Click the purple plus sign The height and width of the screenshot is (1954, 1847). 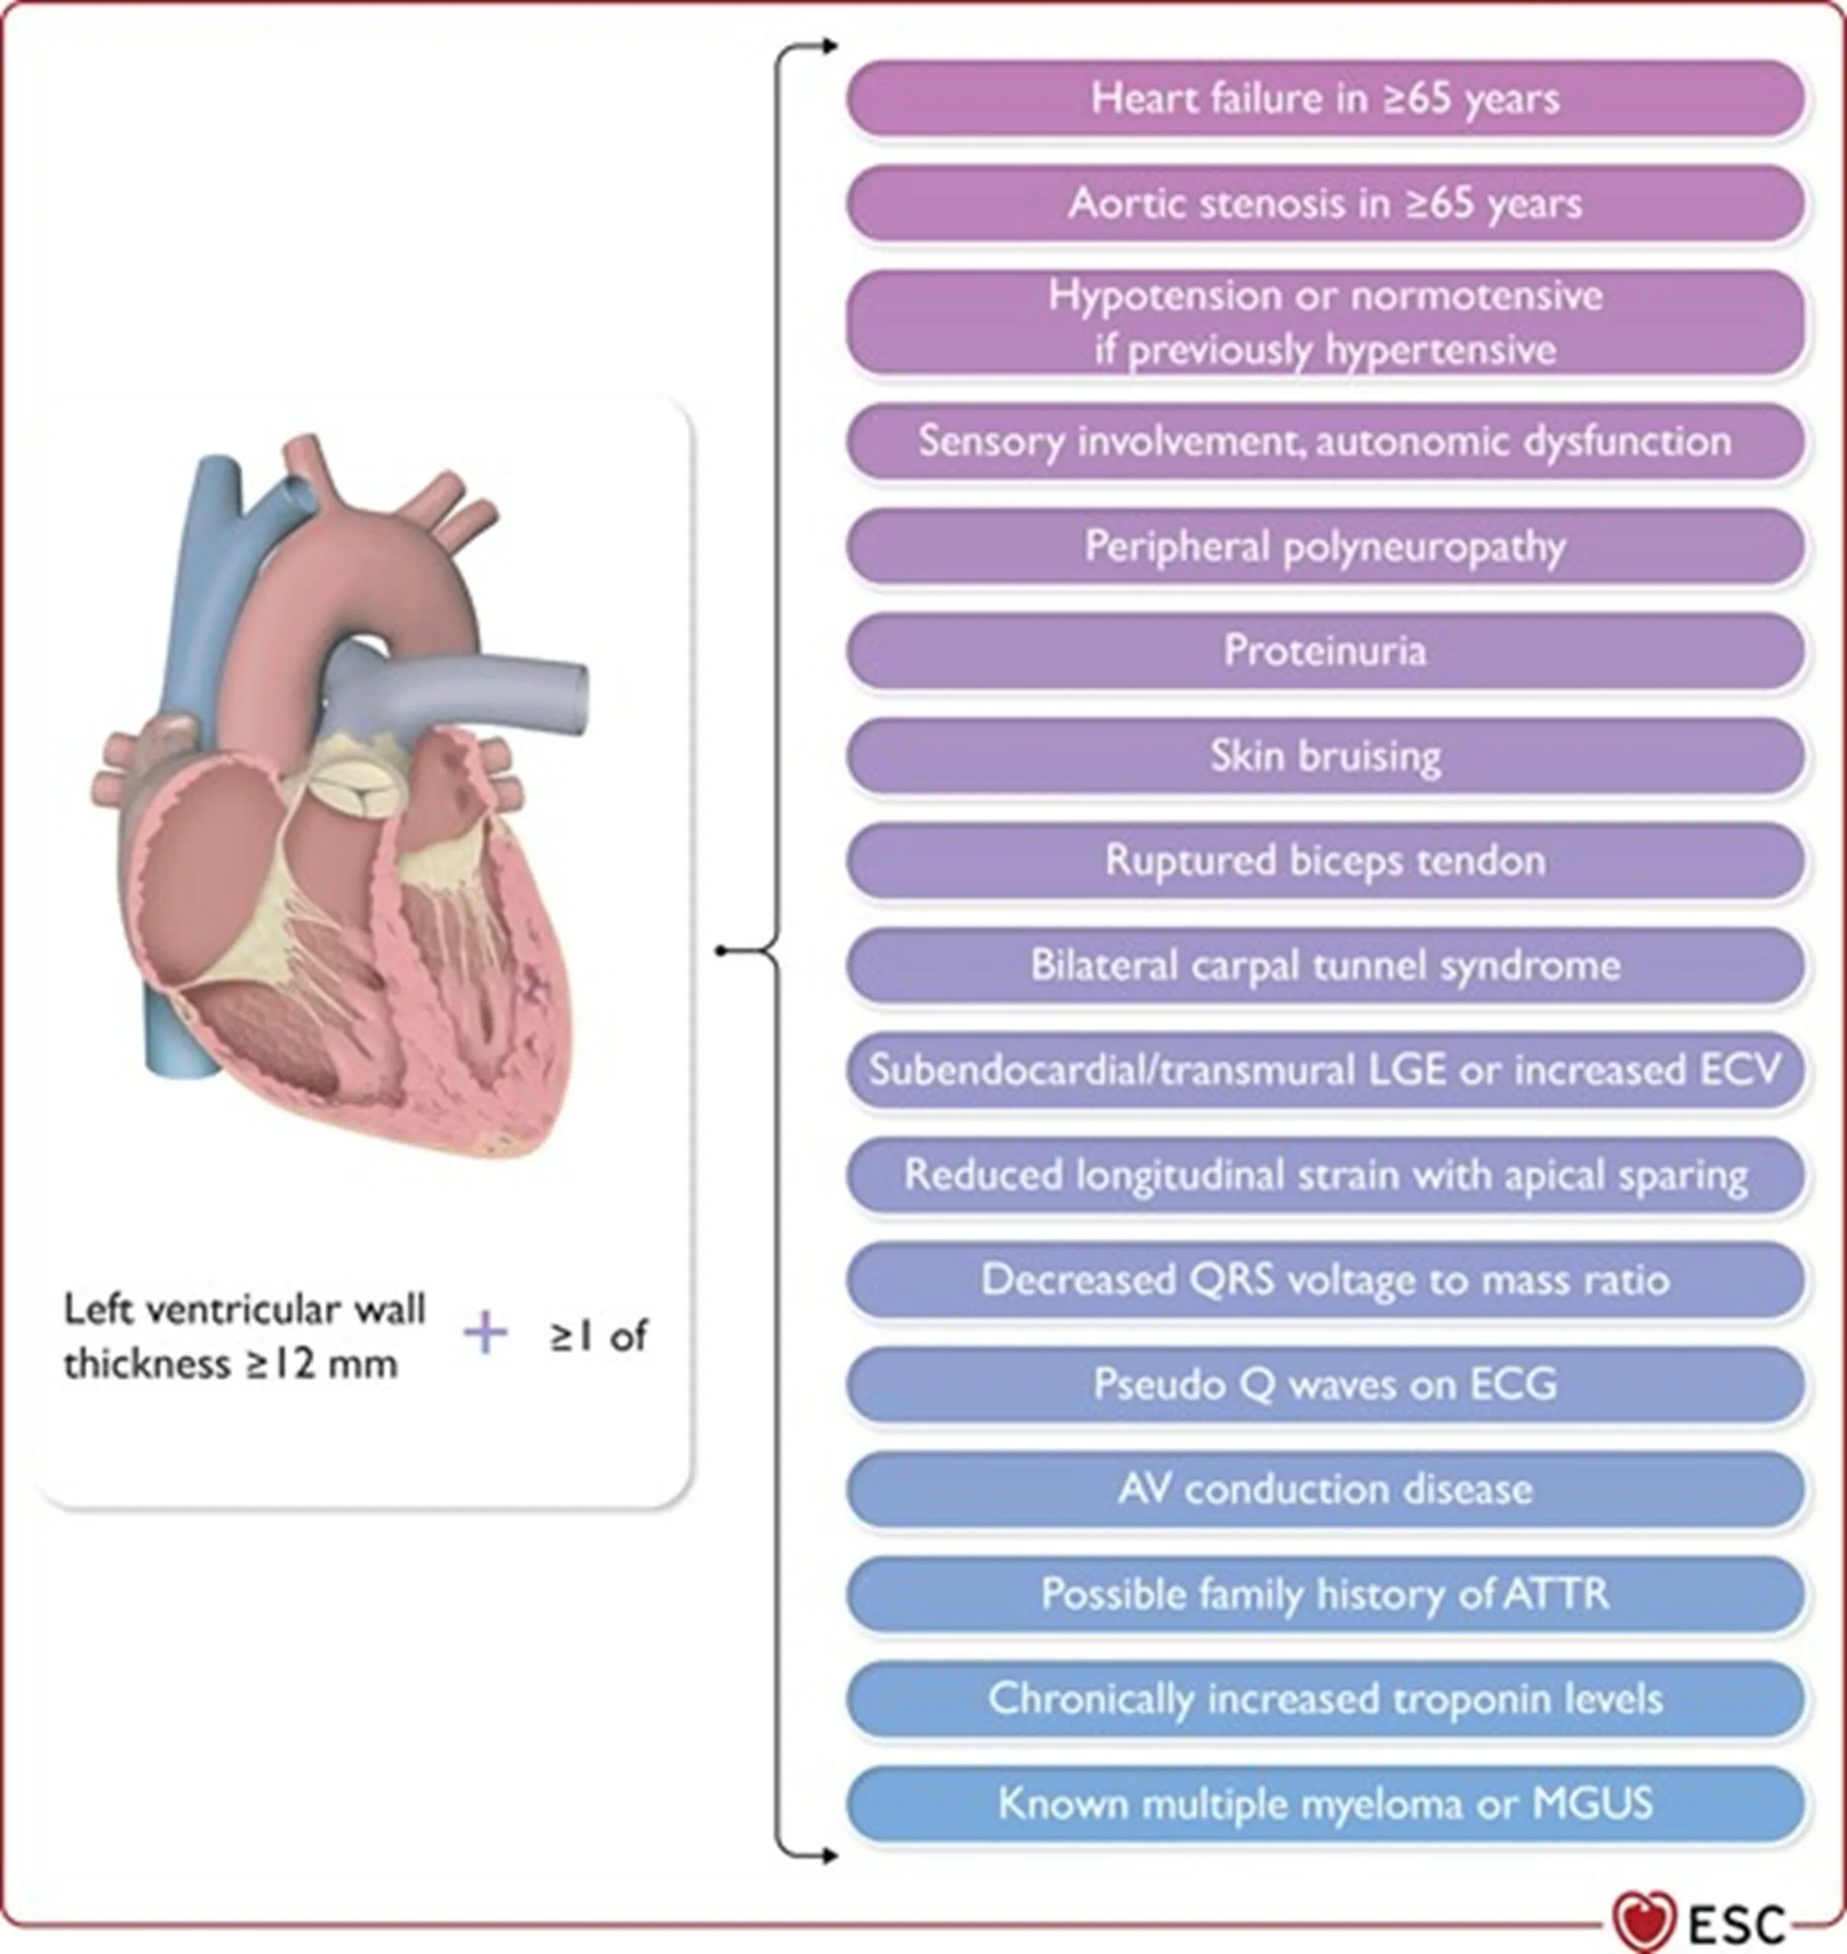486,1335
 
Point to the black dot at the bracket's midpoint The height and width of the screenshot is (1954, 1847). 722,951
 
